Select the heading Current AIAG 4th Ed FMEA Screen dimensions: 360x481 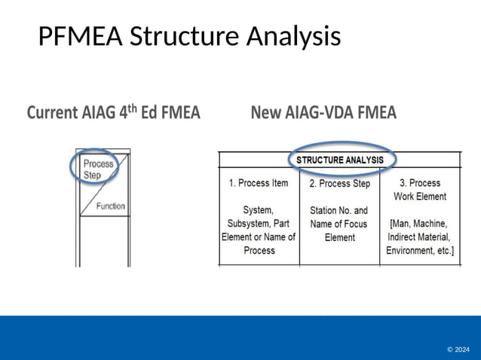click(114, 113)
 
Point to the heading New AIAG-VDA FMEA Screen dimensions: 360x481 click(323, 113)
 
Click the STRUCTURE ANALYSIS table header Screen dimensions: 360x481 click(340, 160)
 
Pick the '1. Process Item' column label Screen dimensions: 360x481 click(259, 183)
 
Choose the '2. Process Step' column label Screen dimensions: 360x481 click(339, 184)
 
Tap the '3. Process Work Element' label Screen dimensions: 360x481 click(419, 190)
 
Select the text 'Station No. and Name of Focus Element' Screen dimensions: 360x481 click(339, 224)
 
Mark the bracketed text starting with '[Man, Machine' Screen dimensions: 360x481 click(420, 236)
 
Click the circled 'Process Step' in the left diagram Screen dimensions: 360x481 click(98, 169)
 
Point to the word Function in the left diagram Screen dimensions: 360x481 click(111, 206)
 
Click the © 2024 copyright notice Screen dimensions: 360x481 click(458, 349)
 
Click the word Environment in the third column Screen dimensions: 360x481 click(412, 250)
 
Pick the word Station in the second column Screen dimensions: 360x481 click(323, 210)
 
